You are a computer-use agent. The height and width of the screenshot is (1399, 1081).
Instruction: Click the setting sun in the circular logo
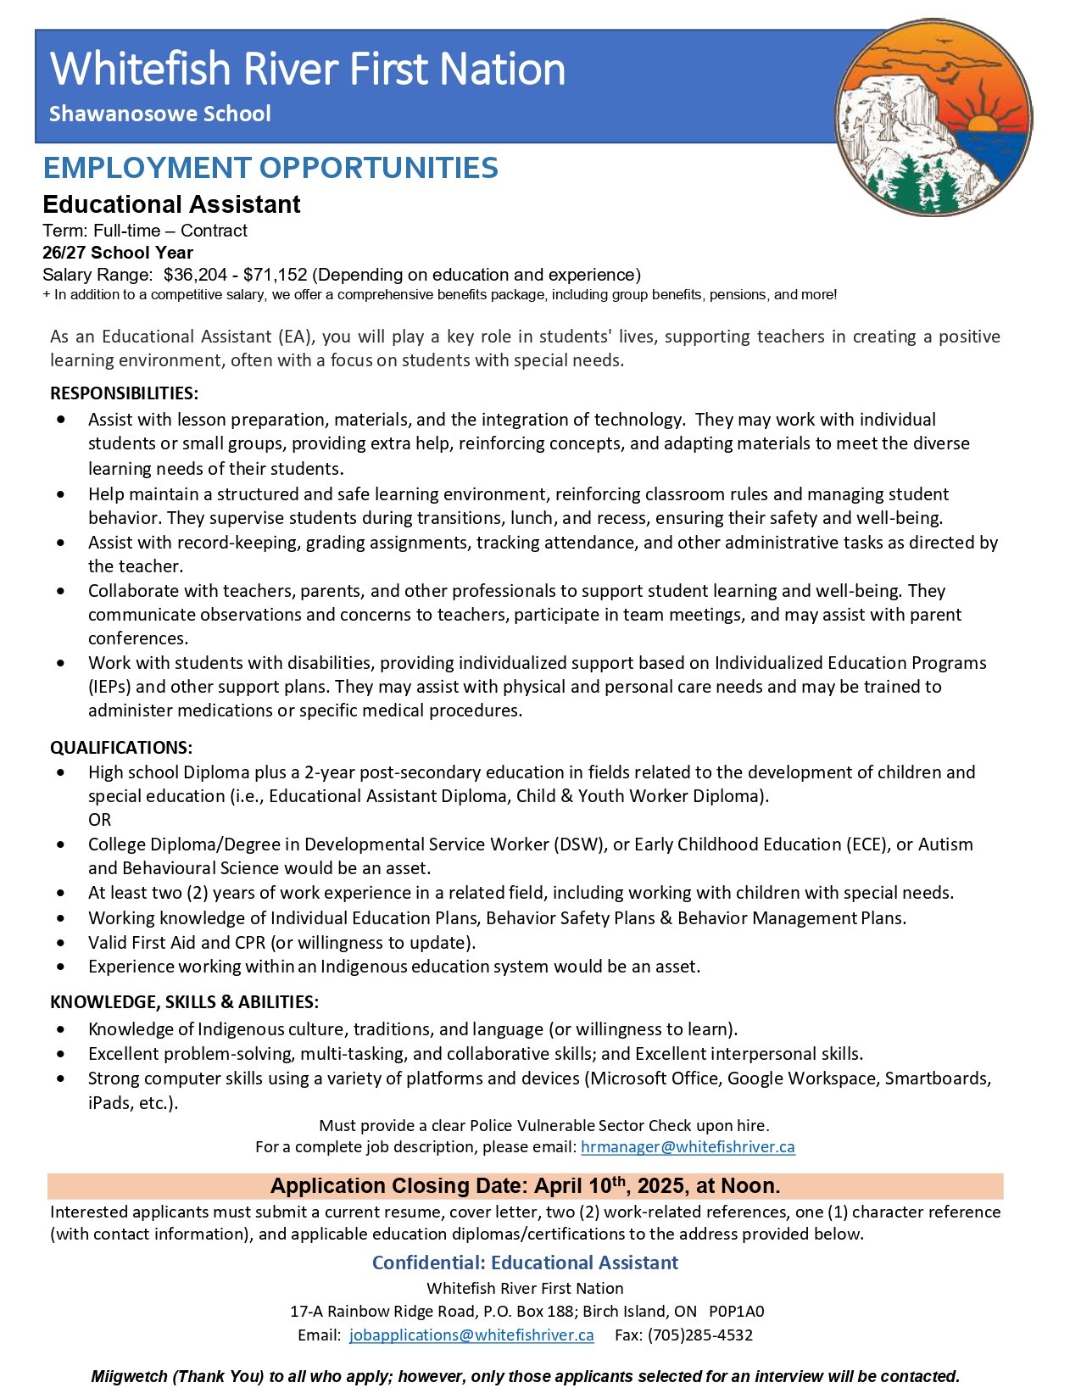983,124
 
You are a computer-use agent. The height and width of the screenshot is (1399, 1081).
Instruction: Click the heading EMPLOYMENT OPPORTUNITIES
270,168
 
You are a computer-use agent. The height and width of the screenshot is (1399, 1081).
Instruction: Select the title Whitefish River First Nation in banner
308,69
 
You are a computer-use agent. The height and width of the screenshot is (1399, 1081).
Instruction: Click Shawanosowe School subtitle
159,114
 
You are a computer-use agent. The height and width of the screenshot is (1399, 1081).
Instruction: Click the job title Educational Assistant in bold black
171,204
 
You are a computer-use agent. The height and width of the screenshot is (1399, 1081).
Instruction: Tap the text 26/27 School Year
118,253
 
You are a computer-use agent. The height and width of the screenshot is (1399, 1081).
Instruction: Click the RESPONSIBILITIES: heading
124,393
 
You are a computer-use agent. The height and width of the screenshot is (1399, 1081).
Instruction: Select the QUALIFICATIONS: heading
121,748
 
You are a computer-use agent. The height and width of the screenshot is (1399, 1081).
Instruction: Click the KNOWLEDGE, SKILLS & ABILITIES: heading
184,1002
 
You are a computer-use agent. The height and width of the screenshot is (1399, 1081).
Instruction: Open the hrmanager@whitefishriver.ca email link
688,1147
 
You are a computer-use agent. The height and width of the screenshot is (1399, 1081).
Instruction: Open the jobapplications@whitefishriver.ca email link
471,1335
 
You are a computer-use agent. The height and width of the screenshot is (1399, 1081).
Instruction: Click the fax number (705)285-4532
699,1335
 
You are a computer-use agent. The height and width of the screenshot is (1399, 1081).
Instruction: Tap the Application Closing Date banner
525,1185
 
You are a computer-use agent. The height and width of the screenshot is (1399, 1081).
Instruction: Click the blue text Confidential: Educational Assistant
525,1262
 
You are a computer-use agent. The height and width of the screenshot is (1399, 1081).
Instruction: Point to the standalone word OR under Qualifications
99,820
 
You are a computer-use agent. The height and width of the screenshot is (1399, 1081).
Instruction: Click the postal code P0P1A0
736,1312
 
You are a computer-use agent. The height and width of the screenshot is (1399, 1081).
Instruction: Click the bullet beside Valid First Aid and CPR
60,943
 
